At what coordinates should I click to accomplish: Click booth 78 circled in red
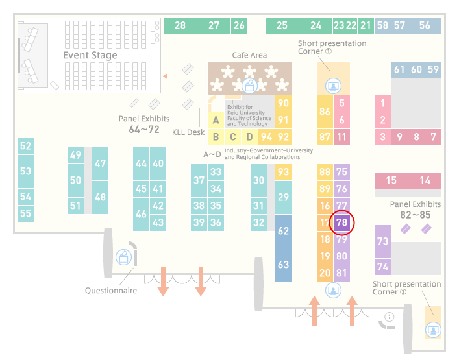pyautogui.click(x=341, y=222)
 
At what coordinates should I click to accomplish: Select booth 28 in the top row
pyautogui.click(x=180, y=25)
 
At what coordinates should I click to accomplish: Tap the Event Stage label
pyautogui.click(x=90, y=55)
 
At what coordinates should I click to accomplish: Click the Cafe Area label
pyautogui.click(x=249, y=55)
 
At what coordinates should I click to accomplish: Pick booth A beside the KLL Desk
pyautogui.click(x=216, y=120)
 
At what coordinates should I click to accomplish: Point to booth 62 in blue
pyautogui.click(x=283, y=231)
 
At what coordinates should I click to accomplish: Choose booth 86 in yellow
pyautogui.click(x=325, y=112)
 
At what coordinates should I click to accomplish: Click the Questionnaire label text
pyautogui.click(x=111, y=291)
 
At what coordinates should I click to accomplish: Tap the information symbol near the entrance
pyautogui.click(x=390, y=317)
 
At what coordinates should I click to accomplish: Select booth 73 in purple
pyautogui.click(x=382, y=241)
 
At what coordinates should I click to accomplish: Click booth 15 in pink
pyautogui.click(x=391, y=180)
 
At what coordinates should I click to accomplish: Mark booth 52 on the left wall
pyautogui.click(x=25, y=146)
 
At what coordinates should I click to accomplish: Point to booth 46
pyautogui.click(x=141, y=214)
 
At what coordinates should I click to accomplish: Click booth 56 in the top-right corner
pyautogui.click(x=425, y=25)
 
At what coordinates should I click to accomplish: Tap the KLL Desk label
pyautogui.click(x=188, y=132)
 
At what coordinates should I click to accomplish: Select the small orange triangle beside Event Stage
pyautogui.click(x=166, y=77)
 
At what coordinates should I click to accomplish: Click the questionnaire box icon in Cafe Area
pyautogui.click(x=249, y=86)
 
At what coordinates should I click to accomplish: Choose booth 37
pyautogui.click(x=199, y=180)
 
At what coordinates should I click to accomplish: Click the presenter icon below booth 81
pyautogui.click(x=333, y=291)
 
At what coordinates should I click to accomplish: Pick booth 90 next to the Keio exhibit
pyautogui.click(x=283, y=103)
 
